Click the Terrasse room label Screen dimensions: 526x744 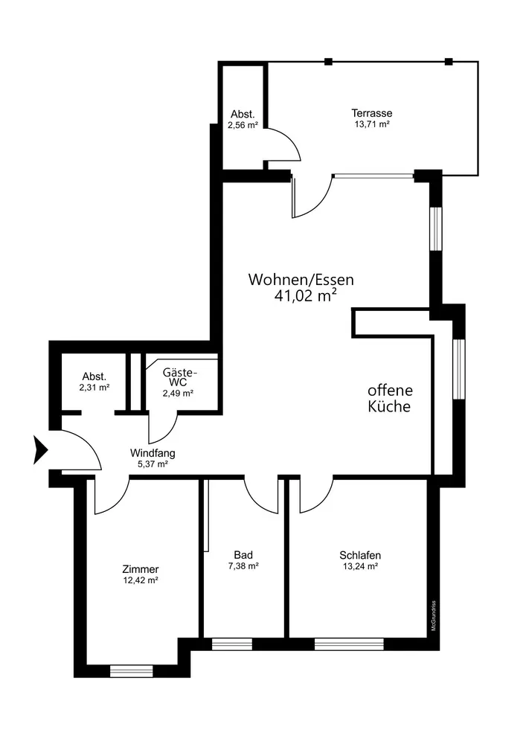pos(372,113)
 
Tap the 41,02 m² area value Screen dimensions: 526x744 pos(305,296)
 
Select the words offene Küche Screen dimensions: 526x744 pos(389,399)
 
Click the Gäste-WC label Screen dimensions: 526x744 pos(178,376)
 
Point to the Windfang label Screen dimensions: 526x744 pos(153,452)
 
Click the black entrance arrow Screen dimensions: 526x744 pos(40,451)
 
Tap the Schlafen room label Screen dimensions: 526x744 pos(360,555)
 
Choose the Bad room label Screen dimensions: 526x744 pos(243,555)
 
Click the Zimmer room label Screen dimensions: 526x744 pos(141,569)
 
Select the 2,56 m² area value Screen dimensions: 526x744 pos(243,125)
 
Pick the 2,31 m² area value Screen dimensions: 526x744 pos(94,388)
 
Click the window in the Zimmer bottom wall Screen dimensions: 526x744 pos(131,670)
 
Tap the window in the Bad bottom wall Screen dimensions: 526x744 pos(231,644)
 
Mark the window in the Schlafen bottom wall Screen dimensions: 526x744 pos(349,644)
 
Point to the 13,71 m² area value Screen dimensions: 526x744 pos(372,124)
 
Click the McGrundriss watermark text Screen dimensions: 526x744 pos(433,617)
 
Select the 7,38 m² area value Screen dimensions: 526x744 pos(243,566)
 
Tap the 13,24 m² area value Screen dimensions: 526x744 pos(360,566)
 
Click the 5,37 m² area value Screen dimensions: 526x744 pos(153,464)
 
